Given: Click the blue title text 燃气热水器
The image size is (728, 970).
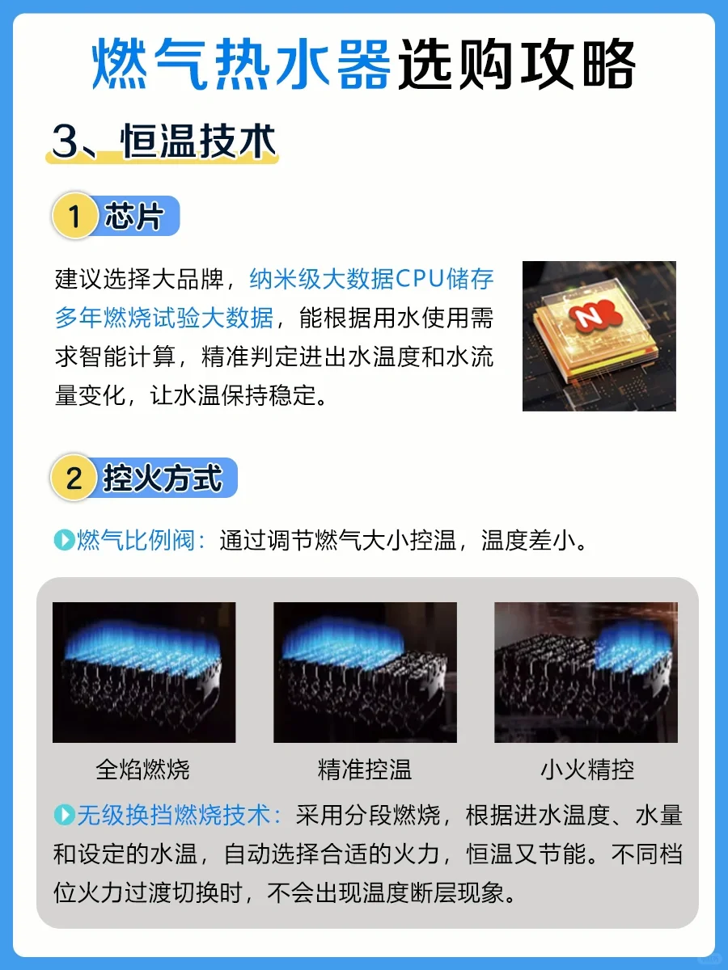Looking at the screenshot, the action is (241, 64).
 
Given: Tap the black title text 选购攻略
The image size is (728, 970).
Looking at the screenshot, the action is (517, 64).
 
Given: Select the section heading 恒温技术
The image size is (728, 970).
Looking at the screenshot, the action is (198, 141).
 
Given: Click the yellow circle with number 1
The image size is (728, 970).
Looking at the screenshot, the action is (74, 216).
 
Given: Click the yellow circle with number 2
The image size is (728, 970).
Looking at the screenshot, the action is (74, 478).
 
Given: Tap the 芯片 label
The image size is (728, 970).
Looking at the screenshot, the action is (134, 216).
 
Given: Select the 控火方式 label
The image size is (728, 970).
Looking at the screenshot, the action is (163, 479).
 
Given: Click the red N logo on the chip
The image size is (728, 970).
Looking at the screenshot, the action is (595, 315).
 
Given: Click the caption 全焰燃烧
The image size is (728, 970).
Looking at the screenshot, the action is (142, 770).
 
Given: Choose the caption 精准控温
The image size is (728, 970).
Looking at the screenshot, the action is (365, 770).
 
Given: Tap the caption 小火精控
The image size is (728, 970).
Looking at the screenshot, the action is (587, 770).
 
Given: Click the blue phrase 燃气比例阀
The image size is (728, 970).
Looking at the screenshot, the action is (136, 540).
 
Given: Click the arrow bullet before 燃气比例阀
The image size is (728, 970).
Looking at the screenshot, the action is (65, 540).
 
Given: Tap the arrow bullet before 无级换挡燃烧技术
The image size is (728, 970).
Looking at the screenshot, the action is (65, 815).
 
